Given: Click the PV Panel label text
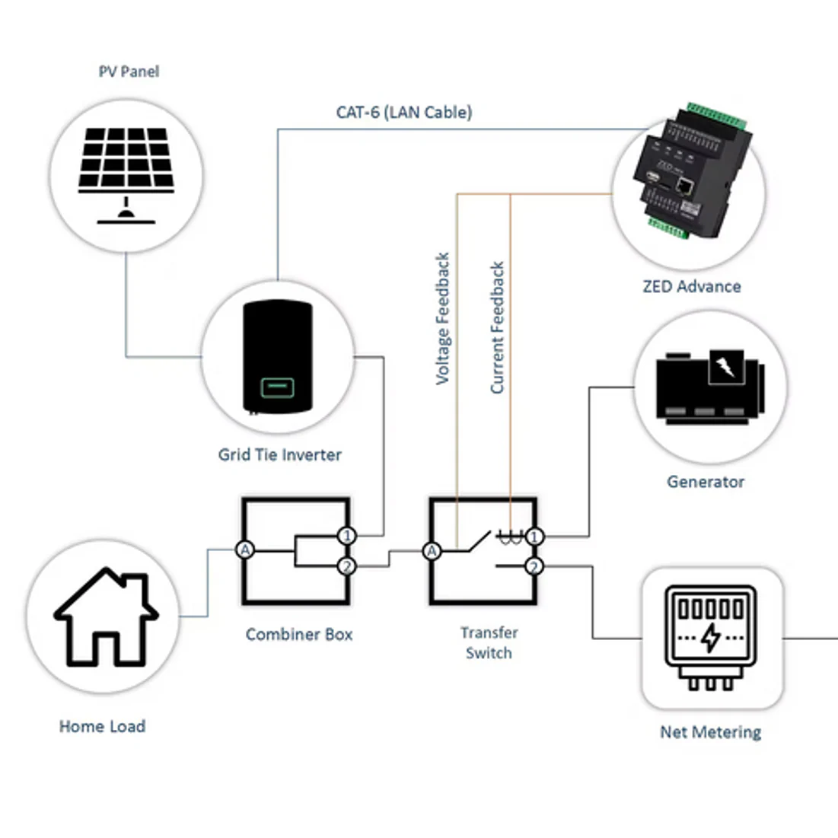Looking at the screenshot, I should (x=129, y=72).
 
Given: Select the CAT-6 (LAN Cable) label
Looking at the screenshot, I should (x=404, y=112).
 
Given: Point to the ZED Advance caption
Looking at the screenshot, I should (x=691, y=287).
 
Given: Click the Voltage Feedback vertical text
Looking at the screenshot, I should (x=442, y=318).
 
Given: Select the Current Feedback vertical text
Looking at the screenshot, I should (x=497, y=327).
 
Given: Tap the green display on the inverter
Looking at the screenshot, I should (x=277, y=387).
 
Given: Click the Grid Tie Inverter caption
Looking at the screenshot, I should (x=279, y=455).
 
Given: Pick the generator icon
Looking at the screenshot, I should (x=709, y=387).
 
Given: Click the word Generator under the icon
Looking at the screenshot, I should (x=705, y=482).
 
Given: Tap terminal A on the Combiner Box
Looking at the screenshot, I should (x=244, y=550).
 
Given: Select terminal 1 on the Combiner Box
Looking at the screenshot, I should (x=347, y=536).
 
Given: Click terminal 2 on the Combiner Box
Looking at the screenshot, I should (x=347, y=566).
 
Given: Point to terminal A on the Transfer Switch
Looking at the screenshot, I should (x=432, y=551).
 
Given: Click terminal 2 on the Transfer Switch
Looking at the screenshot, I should (x=534, y=566).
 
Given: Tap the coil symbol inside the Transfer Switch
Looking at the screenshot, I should (x=508, y=537).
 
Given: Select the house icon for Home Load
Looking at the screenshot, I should (x=105, y=616).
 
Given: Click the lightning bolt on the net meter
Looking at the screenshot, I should (x=710, y=637).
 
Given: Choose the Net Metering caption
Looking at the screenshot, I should (x=710, y=732).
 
